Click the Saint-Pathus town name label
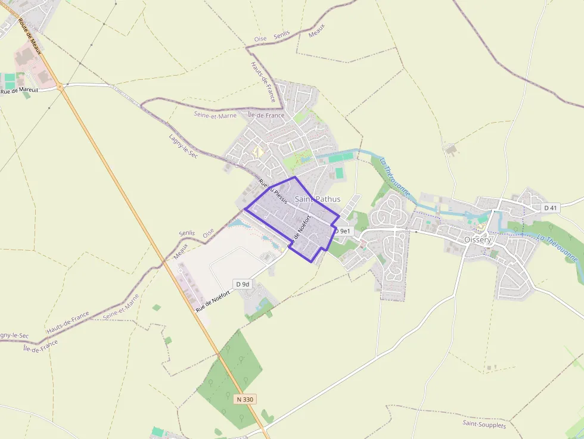318,199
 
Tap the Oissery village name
478,240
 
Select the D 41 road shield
550,208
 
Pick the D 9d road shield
242,284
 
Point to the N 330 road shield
244,399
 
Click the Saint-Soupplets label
484,424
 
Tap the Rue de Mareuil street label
19,91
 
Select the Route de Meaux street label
29,36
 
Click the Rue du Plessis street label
274,192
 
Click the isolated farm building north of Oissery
451,149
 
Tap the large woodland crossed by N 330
229,375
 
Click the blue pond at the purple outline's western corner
238,223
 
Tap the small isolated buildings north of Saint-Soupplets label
490,368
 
